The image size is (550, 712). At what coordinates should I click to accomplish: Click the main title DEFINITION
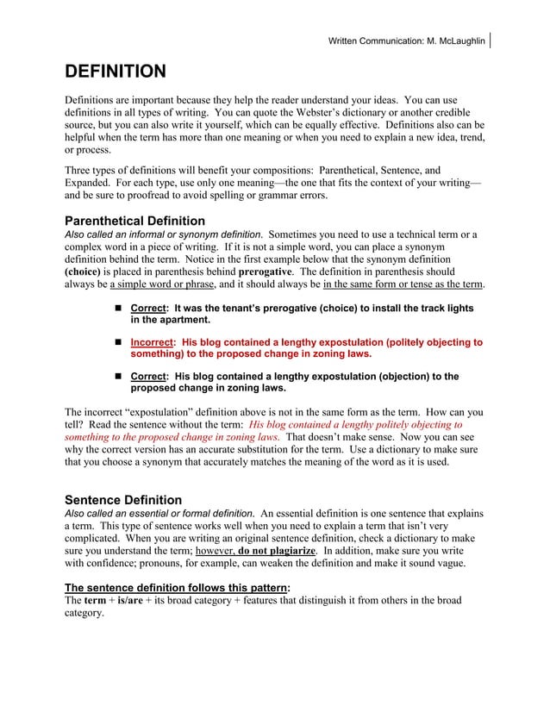[x=116, y=71]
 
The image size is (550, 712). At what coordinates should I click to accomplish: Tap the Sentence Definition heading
[x=123, y=500]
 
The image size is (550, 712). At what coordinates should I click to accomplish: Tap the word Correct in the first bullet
[x=147, y=308]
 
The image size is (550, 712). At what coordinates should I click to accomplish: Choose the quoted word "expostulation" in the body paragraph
[x=159, y=412]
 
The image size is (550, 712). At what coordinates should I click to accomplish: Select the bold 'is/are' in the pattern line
[x=131, y=600]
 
